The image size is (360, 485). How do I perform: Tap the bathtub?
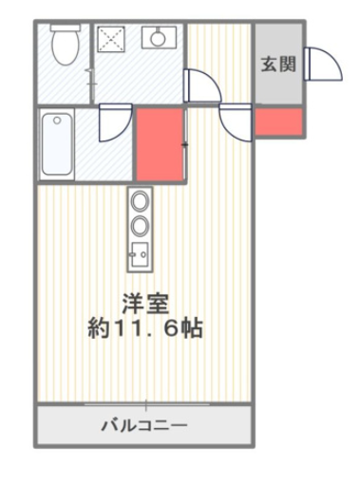(57, 144)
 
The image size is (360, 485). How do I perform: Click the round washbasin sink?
(158, 38)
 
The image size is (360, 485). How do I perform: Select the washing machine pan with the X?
(111, 39)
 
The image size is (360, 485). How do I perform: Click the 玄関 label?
(278, 65)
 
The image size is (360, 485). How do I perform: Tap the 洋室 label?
(145, 304)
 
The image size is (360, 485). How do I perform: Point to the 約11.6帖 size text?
(145, 328)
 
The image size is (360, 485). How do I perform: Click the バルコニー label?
(144, 425)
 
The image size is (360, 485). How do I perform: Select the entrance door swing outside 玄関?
(323, 64)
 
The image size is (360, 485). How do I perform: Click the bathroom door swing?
(115, 122)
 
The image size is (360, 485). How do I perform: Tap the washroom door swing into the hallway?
(202, 85)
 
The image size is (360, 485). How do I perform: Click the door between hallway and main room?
(236, 122)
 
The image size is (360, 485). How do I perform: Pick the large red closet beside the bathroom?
(161, 144)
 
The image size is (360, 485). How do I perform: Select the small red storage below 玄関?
(278, 121)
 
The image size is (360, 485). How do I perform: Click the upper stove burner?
(140, 201)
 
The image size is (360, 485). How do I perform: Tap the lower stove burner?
(140, 225)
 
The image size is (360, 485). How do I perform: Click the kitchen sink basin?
(140, 254)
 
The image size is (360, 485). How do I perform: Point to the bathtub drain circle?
(57, 121)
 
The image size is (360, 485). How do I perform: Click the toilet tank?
(66, 28)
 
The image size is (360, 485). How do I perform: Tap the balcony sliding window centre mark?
(146, 405)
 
